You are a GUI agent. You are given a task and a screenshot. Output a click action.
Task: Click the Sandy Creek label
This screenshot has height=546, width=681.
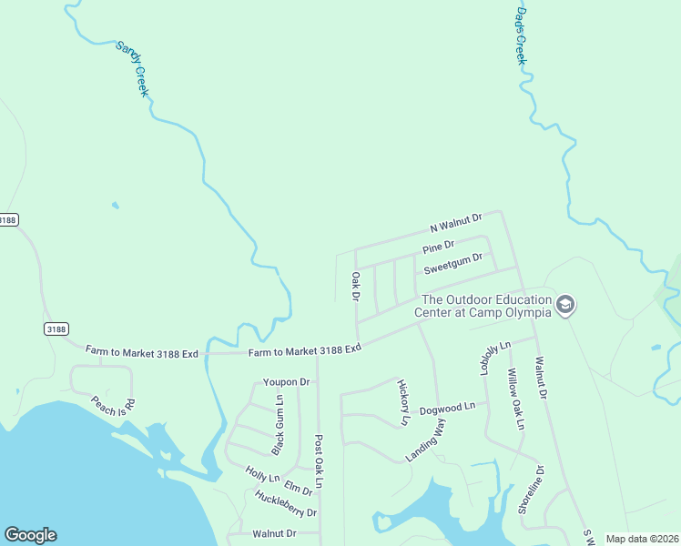point(132,68)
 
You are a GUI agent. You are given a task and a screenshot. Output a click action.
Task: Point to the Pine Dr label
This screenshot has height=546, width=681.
point(438,248)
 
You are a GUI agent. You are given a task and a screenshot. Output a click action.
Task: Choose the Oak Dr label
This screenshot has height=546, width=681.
point(356,286)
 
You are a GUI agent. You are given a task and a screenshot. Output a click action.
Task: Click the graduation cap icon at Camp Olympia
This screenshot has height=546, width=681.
point(565,305)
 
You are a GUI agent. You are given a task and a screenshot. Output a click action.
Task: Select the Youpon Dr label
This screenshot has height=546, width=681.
point(287,381)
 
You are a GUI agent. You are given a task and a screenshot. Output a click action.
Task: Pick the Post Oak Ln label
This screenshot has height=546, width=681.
point(319,459)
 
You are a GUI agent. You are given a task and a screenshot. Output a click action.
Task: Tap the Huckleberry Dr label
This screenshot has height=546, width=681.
point(286,504)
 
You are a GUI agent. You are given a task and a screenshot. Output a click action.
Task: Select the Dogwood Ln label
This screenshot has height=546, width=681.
point(447,409)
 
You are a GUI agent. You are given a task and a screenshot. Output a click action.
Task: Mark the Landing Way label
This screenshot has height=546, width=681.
point(426,440)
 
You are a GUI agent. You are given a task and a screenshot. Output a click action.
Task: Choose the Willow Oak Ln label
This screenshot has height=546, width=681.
point(516,399)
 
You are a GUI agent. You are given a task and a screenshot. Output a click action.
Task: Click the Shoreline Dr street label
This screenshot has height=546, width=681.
point(531,490)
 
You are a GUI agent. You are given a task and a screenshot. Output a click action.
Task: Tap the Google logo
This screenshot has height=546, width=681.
point(30,535)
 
